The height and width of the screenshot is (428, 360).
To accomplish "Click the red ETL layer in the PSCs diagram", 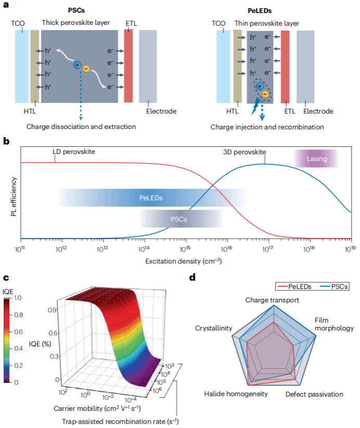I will pos(129,66).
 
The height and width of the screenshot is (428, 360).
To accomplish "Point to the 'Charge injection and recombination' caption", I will pos(267,127).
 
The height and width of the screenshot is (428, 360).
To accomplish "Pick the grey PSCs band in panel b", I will pos(178,219).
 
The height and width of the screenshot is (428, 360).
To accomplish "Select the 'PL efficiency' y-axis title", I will pos(14,196).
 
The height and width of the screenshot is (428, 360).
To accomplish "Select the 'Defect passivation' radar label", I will pos(314,394).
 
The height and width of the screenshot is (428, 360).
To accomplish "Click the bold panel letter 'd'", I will pos(192,277).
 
